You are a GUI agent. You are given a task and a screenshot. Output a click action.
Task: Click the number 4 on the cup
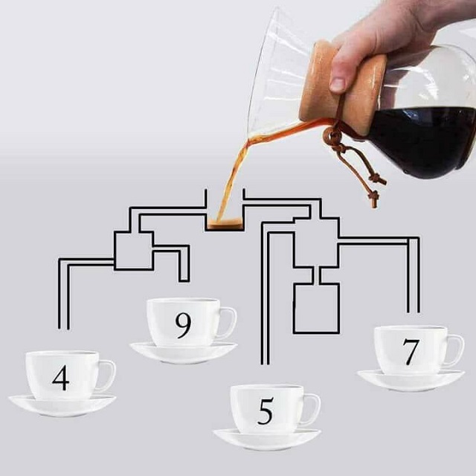tap(61, 377)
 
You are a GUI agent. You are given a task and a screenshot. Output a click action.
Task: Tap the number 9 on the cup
tap(182, 325)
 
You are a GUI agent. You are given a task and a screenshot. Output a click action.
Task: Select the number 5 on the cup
tap(266, 411)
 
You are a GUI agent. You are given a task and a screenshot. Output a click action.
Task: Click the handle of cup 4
tap(107, 376)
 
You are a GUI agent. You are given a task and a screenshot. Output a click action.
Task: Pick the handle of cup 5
tap(312, 410)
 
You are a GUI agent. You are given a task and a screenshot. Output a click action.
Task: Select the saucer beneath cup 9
tap(183, 352)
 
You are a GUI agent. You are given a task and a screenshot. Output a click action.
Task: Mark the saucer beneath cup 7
tap(411, 380)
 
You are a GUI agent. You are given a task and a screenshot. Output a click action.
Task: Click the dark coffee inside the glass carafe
tap(420, 141)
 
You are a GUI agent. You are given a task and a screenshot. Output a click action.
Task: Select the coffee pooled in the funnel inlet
tap(224, 222)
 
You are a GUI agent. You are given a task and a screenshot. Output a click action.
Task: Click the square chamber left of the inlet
tap(134, 250)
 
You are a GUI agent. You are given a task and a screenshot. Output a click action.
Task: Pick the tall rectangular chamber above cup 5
tap(316, 307)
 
